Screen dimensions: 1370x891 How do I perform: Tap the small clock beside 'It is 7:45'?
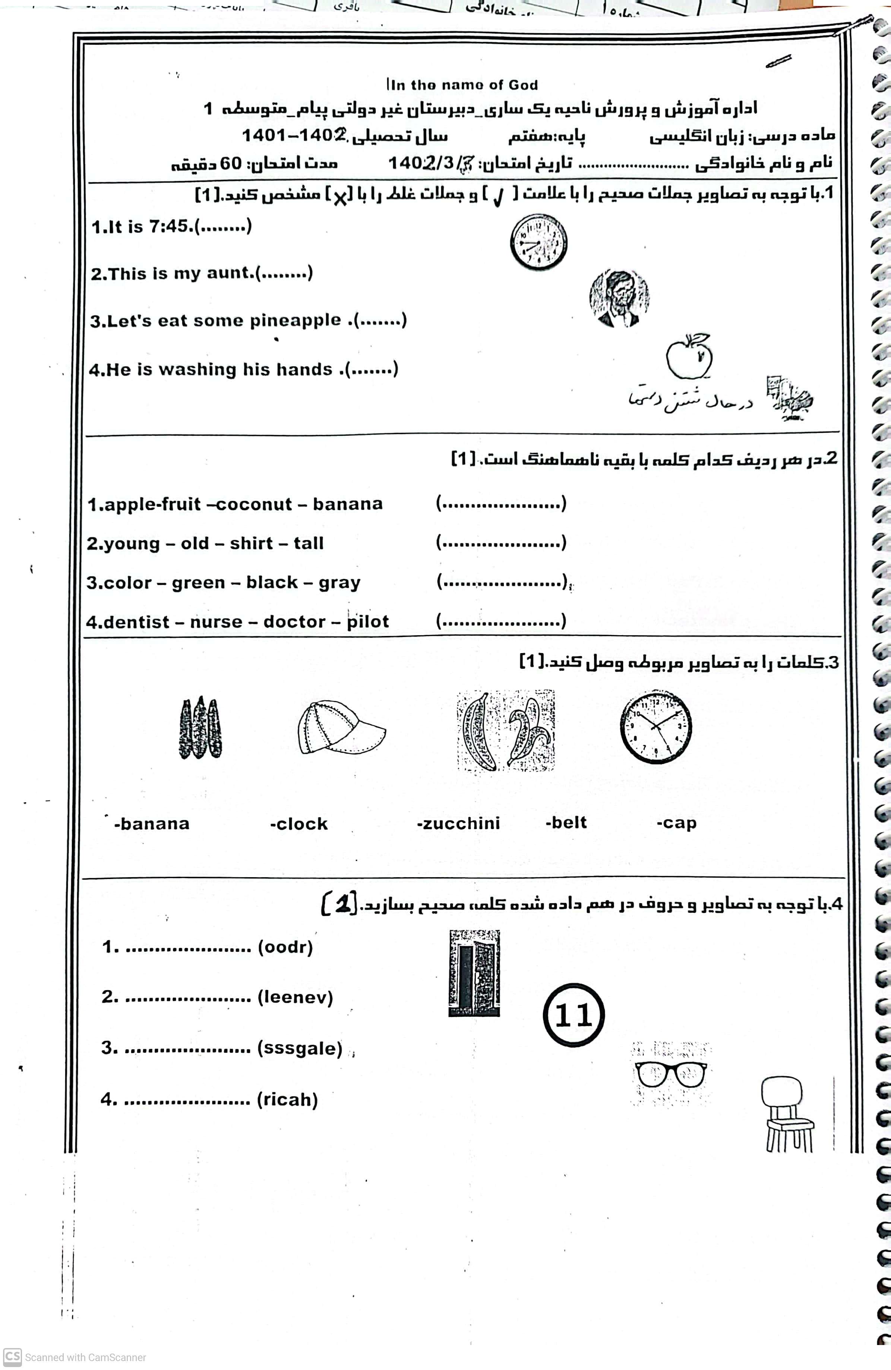pyautogui.click(x=539, y=242)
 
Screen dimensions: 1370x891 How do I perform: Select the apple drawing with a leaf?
pyautogui.click(x=689, y=356)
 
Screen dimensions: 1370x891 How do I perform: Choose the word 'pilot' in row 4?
pyautogui.click(x=368, y=622)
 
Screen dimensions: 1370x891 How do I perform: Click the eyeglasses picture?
pyautogui.click(x=670, y=1074)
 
